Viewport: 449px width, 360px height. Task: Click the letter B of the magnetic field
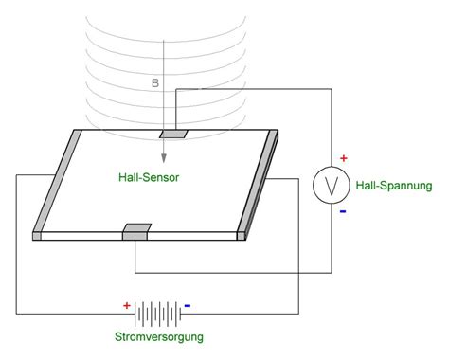pos(155,82)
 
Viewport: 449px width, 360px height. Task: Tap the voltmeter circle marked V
pos(332,186)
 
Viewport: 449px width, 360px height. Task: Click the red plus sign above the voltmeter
pos(344,158)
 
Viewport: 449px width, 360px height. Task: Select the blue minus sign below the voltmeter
pos(343,211)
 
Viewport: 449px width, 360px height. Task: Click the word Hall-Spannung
pos(394,185)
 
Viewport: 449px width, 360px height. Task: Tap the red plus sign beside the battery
pos(126,305)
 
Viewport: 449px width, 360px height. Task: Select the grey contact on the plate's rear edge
pos(173,132)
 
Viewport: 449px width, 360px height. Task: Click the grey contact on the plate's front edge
pos(135,231)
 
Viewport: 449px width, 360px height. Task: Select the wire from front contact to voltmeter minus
pos(237,274)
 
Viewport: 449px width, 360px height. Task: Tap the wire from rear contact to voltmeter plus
pos(256,88)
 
